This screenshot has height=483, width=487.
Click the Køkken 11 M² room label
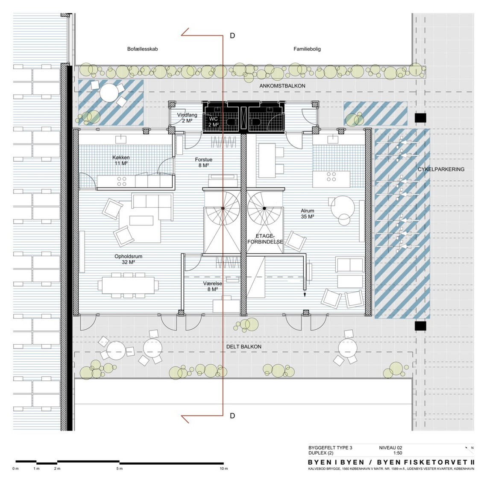pyautogui.click(x=121, y=160)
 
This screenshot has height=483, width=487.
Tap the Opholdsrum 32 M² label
pyautogui.click(x=128, y=259)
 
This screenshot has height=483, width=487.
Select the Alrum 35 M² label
pyautogui.click(x=307, y=214)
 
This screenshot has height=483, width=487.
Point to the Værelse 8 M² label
pyautogui.click(x=212, y=286)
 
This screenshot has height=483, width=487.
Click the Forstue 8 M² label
pyautogui.click(x=203, y=162)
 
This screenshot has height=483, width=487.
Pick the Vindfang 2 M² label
pyautogui.click(x=187, y=117)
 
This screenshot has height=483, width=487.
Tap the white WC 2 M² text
pyautogui.click(x=213, y=122)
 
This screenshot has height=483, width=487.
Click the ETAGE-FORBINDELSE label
pyautogui.click(x=265, y=239)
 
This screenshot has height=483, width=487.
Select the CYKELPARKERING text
pyautogui.click(x=441, y=169)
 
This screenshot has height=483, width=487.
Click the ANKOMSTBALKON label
pyautogui.click(x=282, y=86)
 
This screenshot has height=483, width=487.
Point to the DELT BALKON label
pyautogui.click(x=243, y=346)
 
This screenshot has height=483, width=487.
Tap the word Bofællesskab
pyautogui.click(x=142, y=49)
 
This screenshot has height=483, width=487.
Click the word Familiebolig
pyautogui.click(x=307, y=49)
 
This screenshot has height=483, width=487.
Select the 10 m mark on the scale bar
pyautogui.click(x=223, y=468)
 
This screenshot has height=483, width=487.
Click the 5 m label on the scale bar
pyautogui.click(x=120, y=468)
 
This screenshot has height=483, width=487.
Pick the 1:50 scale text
pyautogui.click(x=398, y=453)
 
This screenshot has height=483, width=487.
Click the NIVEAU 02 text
pyautogui.click(x=390, y=448)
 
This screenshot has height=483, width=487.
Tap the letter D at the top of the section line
pyautogui.click(x=232, y=36)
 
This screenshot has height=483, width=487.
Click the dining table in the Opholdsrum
pyautogui.click(x=128, y=285)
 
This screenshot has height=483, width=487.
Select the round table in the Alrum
pyautogui.click(x=343, y=207)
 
